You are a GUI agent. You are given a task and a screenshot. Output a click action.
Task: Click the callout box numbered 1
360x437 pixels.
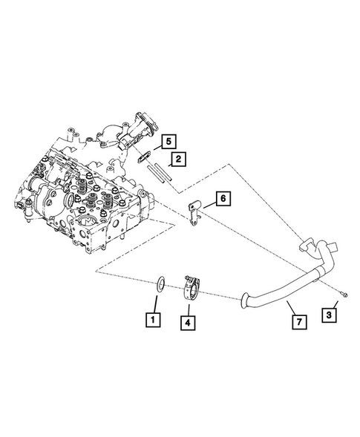[x=152, y=321]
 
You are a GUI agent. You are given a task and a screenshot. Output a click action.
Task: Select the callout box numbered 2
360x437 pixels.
[x=177, y=158]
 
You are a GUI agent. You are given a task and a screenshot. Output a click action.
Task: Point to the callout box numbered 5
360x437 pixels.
[x=168, y=140]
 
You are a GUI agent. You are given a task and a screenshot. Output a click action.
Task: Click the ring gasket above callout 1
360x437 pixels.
[x=159, y=283]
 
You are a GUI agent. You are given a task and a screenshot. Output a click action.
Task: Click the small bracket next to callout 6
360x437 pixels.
[x=195, y=211]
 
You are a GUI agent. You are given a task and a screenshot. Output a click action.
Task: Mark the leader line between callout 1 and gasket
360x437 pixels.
[x=155, y=303]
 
